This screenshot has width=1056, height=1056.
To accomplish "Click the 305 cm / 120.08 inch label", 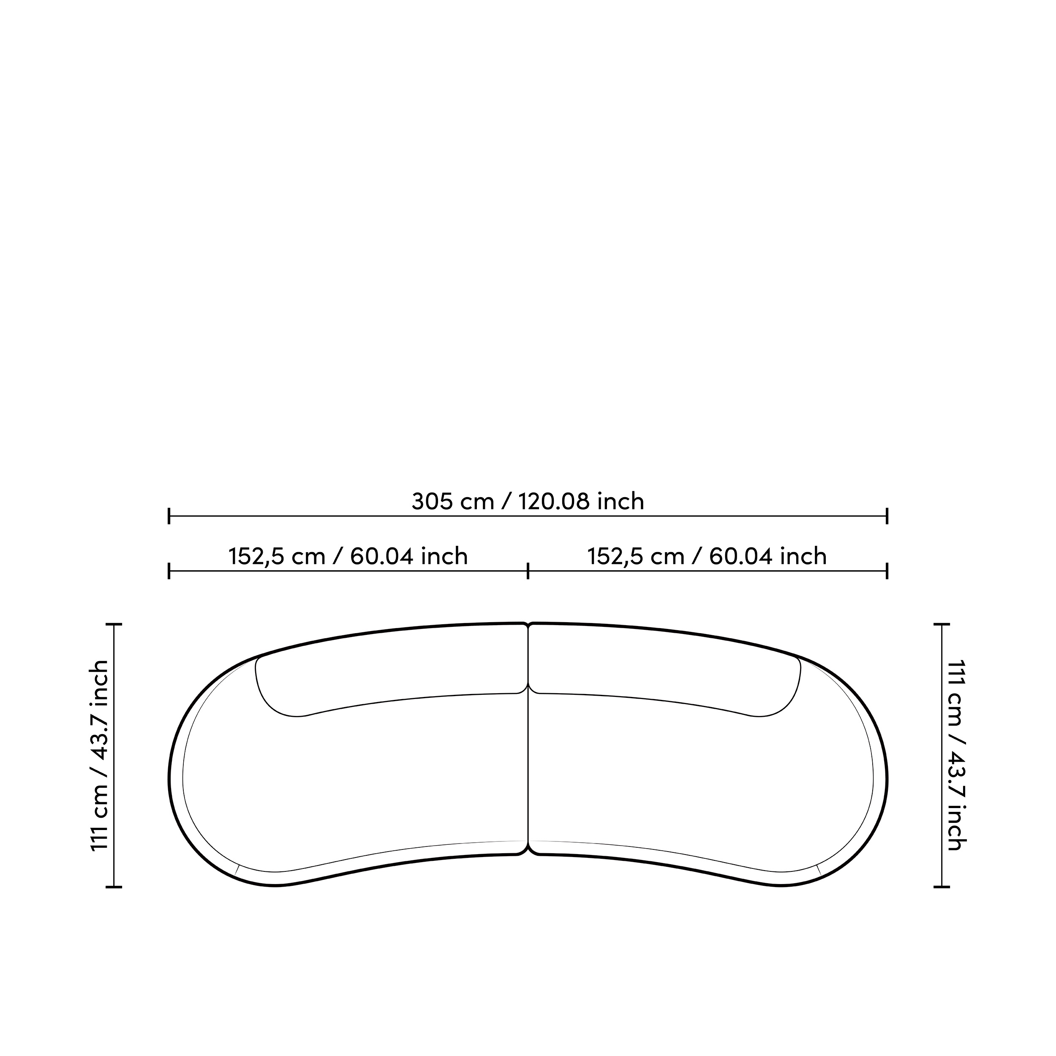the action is [x=528, y=501].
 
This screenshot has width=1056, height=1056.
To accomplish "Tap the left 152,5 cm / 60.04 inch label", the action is [x=348, y=556].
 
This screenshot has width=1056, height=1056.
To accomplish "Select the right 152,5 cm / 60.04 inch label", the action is [x=707, y=556].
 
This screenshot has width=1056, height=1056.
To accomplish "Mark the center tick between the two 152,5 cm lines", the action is [x=528, y=571].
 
